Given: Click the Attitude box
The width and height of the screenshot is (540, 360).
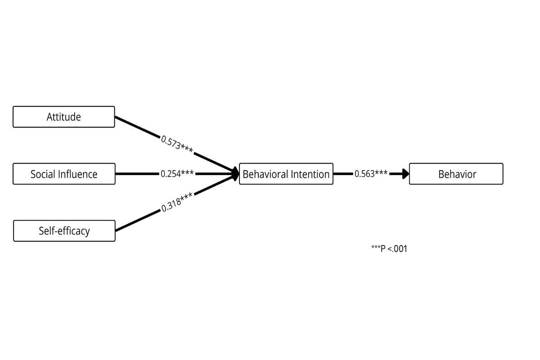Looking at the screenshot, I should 64,117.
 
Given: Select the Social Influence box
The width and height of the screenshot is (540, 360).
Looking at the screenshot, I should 64,174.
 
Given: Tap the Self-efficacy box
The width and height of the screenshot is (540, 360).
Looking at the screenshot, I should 64,231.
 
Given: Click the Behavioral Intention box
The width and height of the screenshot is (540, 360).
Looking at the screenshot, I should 286,174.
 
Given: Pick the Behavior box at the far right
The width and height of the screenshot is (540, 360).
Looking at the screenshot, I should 456,174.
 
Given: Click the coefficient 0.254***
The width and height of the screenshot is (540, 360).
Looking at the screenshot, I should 177,174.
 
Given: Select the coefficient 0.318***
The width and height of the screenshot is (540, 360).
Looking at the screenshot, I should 177,203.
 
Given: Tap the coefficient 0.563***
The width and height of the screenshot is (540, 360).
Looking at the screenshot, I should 371,174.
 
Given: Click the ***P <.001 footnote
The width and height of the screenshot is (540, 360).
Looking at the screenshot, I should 389,248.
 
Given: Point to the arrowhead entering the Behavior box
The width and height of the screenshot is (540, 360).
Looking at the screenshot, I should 405,174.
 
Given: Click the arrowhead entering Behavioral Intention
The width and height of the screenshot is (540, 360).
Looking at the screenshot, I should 235,174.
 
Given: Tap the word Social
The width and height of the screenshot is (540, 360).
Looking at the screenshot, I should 42,174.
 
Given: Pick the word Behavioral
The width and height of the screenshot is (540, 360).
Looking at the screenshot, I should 266,174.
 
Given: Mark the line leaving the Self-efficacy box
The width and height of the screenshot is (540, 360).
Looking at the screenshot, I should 137,221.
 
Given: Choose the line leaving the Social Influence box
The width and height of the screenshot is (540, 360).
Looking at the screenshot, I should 137,174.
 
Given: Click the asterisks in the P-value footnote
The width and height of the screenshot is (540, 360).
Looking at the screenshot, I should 376,247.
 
